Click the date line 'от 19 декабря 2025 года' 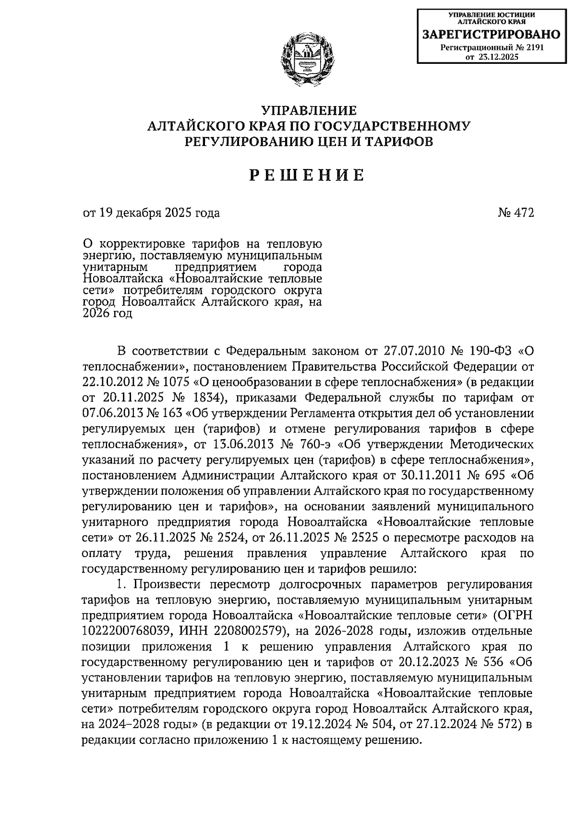pyautogui.click(x=151, y=213)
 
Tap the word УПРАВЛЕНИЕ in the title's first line pyautogui.click(x=308, y=111)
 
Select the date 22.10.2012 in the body pyautogui.click(x=109, y=383)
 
